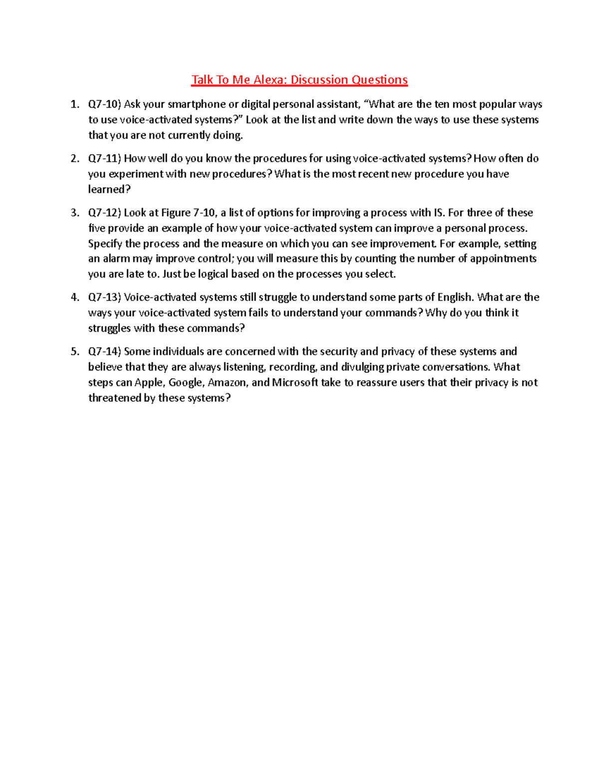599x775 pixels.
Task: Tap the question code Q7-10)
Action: pos(104,104)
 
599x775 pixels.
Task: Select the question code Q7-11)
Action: pos(104,159)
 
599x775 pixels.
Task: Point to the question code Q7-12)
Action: pos(104,213)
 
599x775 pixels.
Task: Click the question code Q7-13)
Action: pos(104,297)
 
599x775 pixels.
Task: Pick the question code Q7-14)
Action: pos(104,351)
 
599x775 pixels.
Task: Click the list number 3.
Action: pos(74,213)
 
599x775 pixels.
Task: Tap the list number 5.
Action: pos(74,351)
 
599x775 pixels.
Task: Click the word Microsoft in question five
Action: pos(295,383)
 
